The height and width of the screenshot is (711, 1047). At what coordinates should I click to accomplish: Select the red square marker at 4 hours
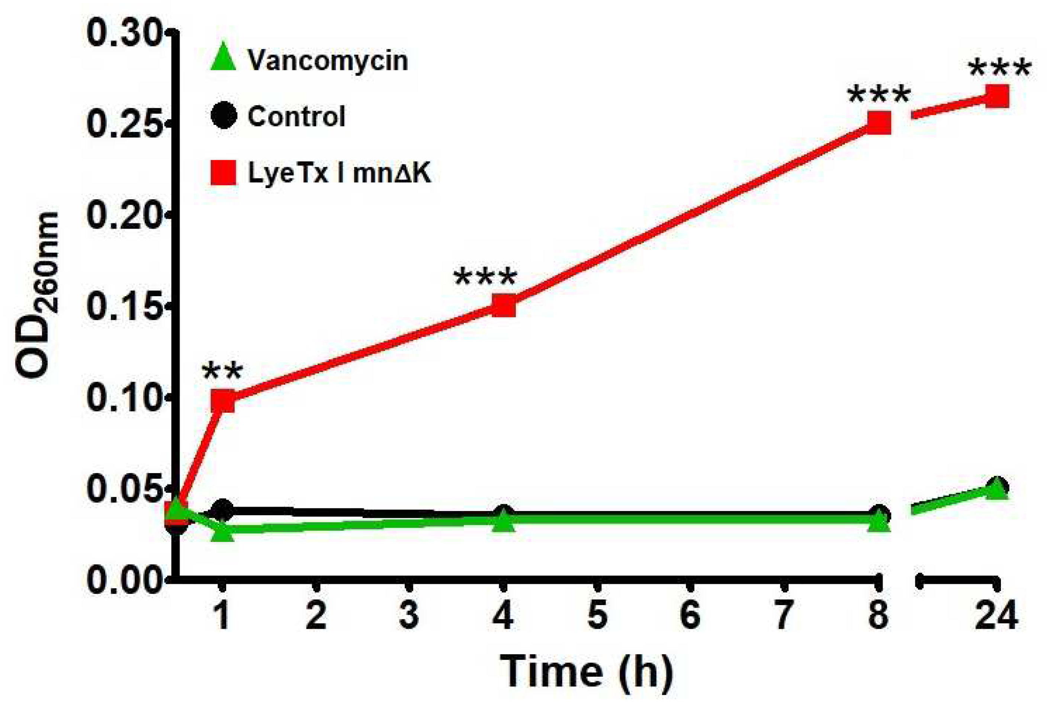click(503, 306)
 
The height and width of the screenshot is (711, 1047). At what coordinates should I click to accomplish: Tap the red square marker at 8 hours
click(879, 123)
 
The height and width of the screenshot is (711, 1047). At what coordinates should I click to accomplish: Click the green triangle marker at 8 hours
click(879, 522)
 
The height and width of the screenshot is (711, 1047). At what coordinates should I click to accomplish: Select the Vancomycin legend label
click(328, 60)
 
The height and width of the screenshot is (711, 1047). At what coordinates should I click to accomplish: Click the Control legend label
click(296, 116)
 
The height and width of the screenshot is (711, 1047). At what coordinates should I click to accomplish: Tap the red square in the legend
click(224, 173)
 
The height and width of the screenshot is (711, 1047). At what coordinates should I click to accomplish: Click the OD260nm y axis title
click(38, 295)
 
